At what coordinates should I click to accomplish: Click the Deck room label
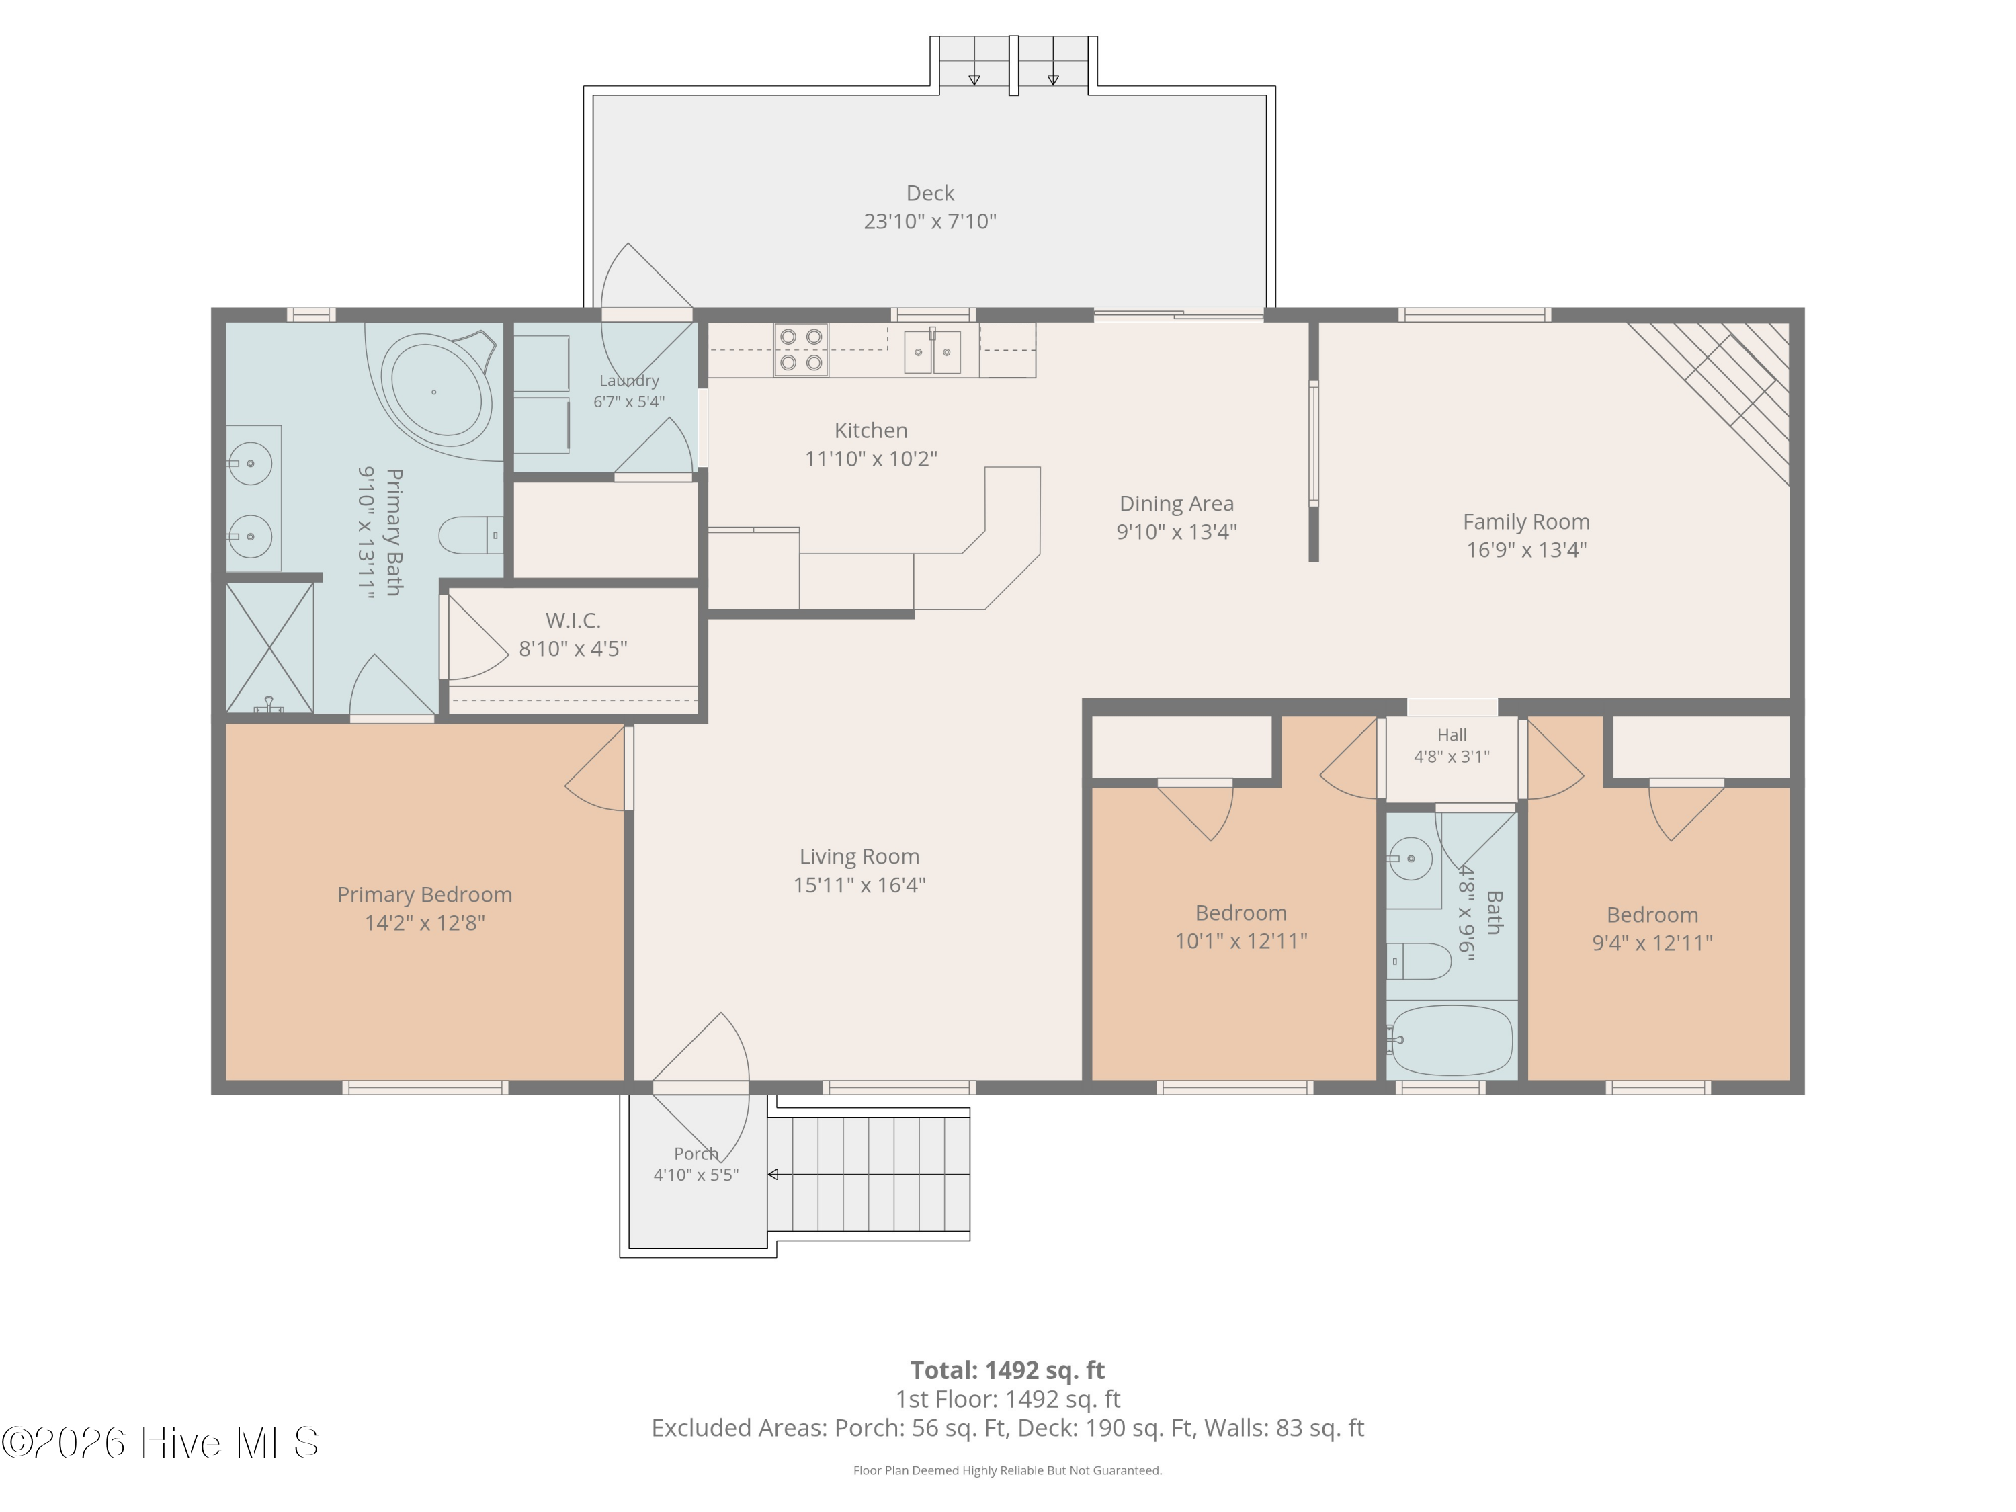929,194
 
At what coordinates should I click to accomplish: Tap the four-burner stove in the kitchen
801,350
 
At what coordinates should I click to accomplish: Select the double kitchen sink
932,352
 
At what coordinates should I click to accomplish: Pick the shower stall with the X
269,648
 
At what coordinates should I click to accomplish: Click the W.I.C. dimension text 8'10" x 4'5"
573,649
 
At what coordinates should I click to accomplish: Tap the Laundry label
629,381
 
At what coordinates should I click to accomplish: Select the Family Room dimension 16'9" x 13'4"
1527,550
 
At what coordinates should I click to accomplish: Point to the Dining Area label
1177,504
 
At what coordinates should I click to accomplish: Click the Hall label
1452,734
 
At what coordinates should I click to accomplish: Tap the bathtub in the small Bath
1452,1040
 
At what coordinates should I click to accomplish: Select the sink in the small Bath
1410,859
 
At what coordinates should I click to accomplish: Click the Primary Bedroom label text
425,895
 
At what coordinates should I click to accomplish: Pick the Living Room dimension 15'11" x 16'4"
859,885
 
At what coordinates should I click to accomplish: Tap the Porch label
696,1154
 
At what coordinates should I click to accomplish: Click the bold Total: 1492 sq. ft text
1007,1370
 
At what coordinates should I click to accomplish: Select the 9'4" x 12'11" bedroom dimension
1652,943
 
